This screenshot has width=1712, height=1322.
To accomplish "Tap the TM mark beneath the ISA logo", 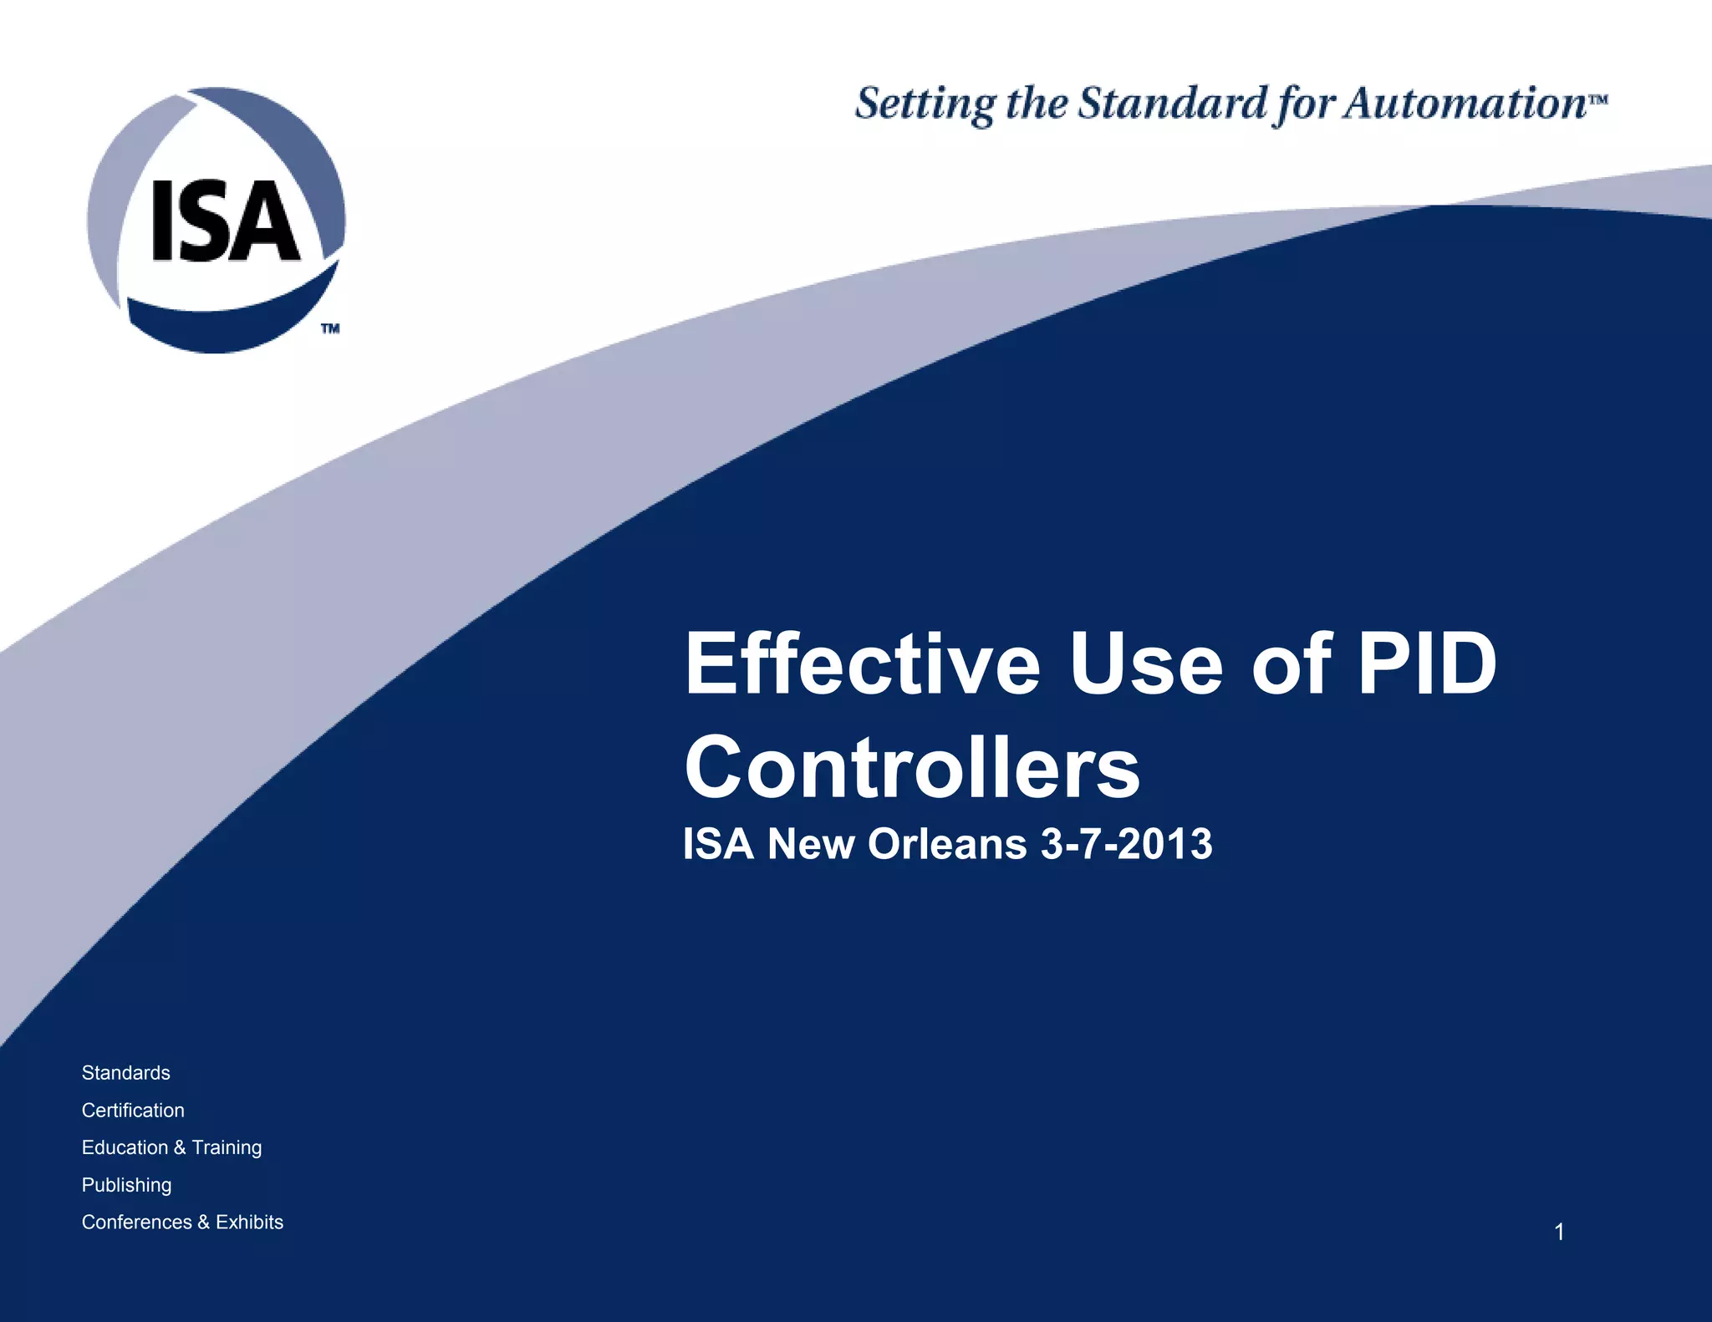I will tap(330, 328).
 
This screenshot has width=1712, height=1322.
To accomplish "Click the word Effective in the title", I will tap(862, 664).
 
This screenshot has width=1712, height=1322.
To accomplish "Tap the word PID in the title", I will tap(1426, 664).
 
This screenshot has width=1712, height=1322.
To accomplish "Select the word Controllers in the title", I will tap(912, 767).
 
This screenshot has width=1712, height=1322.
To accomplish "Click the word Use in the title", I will tap(1146, 664).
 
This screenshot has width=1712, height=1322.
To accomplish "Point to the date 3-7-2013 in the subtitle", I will tap(1126, 844).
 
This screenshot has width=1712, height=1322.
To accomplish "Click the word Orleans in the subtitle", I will tap(947, 844).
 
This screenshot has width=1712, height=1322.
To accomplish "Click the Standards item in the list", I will tap(126, 1073).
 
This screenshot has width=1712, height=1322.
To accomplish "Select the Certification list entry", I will tap(133, 1111).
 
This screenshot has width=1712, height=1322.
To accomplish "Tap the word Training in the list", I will tap(227, 1148).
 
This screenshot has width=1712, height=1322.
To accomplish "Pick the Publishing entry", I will tap(127, 1185).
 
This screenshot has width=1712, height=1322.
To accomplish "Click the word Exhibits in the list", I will tap(249, 1222).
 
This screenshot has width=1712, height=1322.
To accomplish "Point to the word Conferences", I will tap(137, 1222).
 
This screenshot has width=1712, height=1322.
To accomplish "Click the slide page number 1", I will tap(1559, 1232).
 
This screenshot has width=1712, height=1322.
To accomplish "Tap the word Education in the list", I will tap(125, 1147).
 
